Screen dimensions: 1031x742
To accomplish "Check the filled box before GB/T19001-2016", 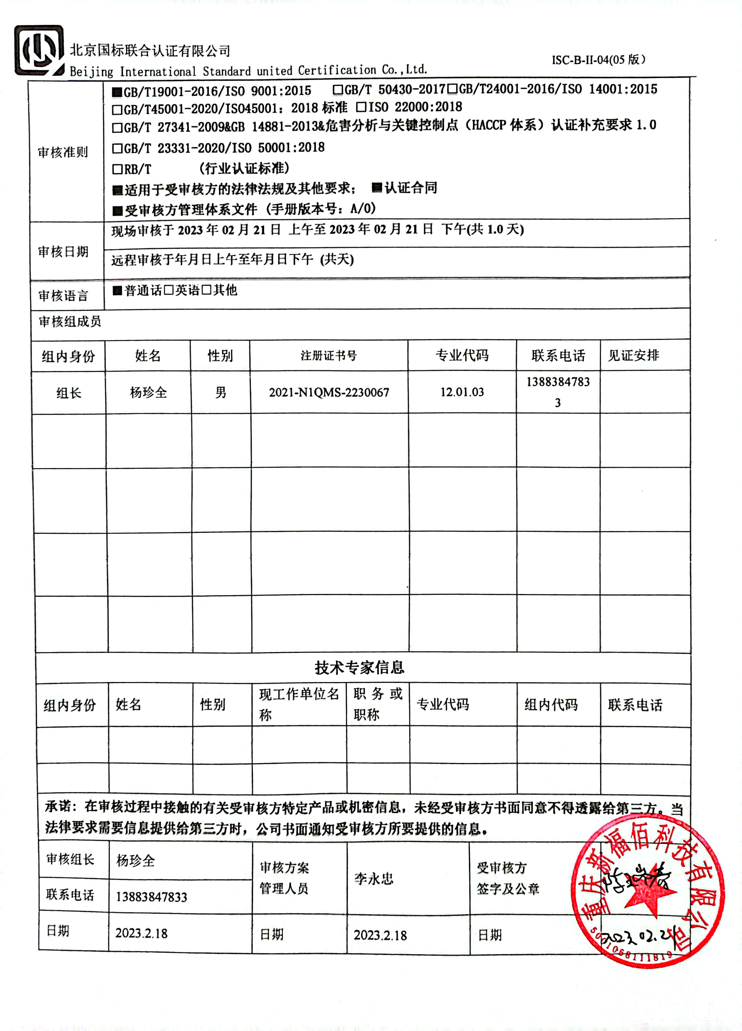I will click(x=117, y=92).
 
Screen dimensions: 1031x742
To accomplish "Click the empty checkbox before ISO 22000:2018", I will click(x=361, y=107).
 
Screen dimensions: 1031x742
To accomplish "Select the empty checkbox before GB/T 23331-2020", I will click(x=117, y=148).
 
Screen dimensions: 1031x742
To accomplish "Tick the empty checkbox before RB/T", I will click(x=117, y=169).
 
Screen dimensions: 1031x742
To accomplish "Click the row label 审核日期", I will click(x=63, y=251).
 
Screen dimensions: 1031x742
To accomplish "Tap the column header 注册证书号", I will click(x=328, y=355).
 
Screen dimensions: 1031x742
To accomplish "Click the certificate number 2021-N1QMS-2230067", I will click(x=328, y=392).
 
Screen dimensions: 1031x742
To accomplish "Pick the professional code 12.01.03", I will click(x=462, y=392).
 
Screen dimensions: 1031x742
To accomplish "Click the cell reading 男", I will click(x=221, y=392).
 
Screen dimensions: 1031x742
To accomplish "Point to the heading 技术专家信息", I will click(x=359, y=667).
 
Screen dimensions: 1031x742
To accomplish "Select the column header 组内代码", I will click(x=551, y=705).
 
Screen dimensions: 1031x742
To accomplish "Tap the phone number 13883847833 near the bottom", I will click(x=152, y=897).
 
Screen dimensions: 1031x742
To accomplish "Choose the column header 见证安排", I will click(x=634, y=355).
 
